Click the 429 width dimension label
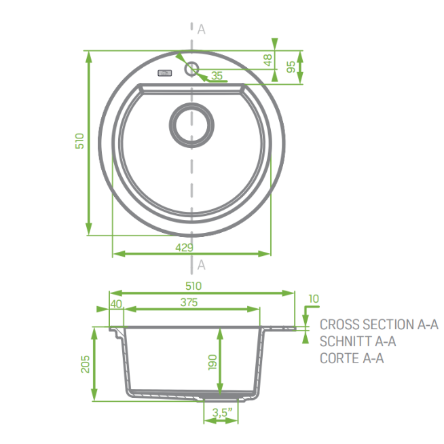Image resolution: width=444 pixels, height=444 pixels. pyautogui.click(x=185, y=248)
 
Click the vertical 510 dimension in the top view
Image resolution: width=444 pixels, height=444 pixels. pyautogui.click(x=79, y=141)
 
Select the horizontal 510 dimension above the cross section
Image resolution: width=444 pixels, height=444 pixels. pyautogui.click(x=193, y=286)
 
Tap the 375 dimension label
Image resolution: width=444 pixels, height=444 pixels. pyautogui.click(x=189, y=302)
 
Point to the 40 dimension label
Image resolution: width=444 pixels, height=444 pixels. pyautogui.click(x=116, y=304)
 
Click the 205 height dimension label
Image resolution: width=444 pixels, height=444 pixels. pyautogui.click(x=86, y=364)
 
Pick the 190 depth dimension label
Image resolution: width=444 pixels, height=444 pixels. pyautogui.click(x=212, y=362)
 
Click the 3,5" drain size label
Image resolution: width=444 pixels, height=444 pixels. pyautogui.click(x=222, y=412)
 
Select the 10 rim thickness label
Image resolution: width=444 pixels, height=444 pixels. pyautogui.click(x=314, y=299)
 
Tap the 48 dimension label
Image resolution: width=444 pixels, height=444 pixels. pyautogui.click(x=267, y=60)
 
